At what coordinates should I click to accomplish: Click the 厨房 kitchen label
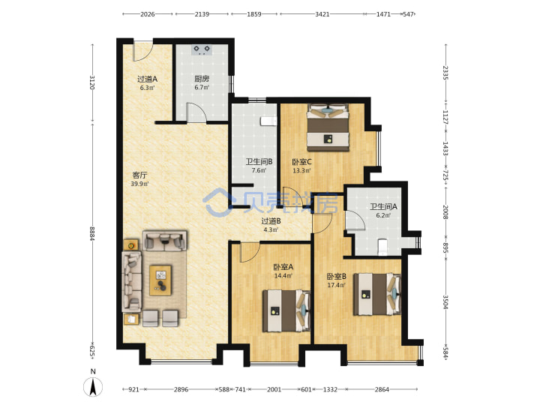(202, 79)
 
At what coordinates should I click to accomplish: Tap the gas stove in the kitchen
(202, 50)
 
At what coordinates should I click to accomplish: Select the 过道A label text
(148, 79)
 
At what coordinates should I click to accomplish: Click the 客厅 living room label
(139, 175)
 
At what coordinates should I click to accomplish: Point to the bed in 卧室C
(328, 127)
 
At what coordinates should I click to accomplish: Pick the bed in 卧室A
(286, 311)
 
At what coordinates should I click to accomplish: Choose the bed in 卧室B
(377, 295)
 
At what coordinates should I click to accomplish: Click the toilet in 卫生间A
(382, 247)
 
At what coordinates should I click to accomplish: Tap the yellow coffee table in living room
(160, 280)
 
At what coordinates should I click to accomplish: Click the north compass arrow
(93, 387)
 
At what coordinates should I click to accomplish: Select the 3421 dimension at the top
(322, 14)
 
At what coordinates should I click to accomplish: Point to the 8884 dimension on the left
(92, 233)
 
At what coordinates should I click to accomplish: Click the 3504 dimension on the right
(445, 301)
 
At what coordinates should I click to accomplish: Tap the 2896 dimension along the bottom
(181, 389)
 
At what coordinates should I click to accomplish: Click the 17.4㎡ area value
(336, 285)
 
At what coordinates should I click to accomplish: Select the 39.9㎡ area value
(139, 184)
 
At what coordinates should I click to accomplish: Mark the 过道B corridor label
(271, 221)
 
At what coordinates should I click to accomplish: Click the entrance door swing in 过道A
(142, 52)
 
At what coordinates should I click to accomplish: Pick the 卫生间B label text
(259, 161)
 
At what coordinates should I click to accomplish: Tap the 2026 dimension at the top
(148, 14)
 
